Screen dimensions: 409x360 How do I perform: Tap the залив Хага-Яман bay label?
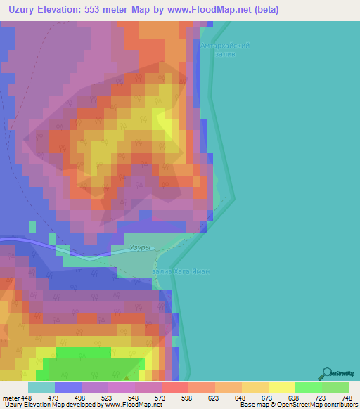click(181, 271)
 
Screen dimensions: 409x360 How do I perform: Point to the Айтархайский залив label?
click(225, 50)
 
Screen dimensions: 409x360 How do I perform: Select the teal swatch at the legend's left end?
click(41, 387)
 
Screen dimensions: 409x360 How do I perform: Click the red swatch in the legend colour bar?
click(174, 387)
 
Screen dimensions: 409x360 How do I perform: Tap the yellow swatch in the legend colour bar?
click(281, 387)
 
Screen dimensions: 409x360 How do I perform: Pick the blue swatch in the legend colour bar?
click(68, 387)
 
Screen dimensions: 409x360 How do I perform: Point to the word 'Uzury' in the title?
click(26, 10)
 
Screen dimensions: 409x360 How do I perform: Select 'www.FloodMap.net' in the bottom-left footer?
click(132, 405)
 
